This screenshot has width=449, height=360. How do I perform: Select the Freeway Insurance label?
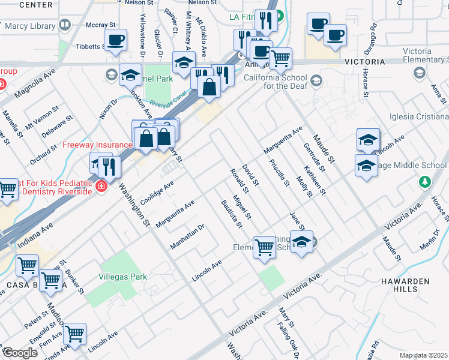(x=98, y=145)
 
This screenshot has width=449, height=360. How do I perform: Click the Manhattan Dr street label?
(x=188, y=236)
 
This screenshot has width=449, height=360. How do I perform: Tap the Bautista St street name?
(x=231, y=214)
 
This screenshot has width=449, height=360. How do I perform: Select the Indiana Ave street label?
(x=35, y=235)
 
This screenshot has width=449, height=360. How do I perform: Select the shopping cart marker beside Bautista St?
(x=264, y=247)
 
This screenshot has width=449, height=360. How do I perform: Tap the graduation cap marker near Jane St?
(x=302, y=242)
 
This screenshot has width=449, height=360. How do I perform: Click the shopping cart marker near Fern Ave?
(x=74, y=334)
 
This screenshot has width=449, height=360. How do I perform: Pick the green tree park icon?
(x=425, y=181)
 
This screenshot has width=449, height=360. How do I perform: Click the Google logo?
(x=20, y=352)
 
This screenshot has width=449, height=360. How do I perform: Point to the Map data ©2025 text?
(x=424, y=355)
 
